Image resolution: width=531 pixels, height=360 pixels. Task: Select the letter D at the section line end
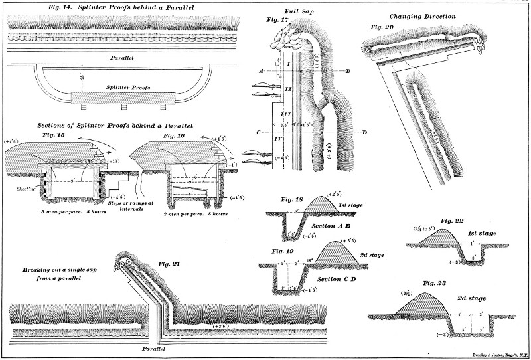click(365, 132)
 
